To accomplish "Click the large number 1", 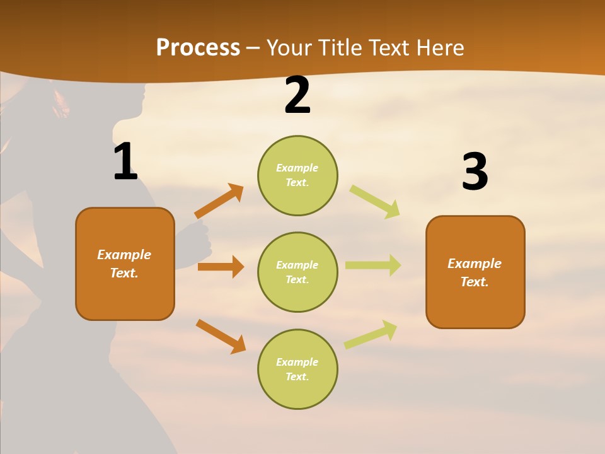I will point(125,162).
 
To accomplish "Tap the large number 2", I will point(297,96).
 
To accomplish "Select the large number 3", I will point(475,172).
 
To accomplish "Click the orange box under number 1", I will point(125,264).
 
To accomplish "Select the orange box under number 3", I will point(475,272).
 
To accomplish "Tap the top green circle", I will point(297,175).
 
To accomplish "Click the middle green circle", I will point(297,272).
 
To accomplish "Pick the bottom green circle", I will point(297,369).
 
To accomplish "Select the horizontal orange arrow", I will point(221,267).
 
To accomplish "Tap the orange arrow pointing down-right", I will point(221,336).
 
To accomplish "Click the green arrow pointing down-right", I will point(375,201).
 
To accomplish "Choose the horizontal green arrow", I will point(373,265).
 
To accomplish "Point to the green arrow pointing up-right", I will point(371,334).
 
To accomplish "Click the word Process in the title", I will point(198,47).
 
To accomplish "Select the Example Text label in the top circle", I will point(297,175).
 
